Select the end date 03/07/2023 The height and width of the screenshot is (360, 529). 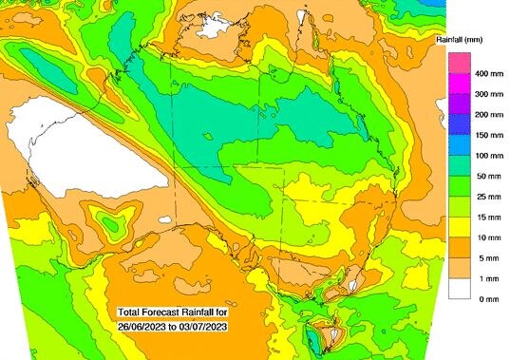coord(203,327)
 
